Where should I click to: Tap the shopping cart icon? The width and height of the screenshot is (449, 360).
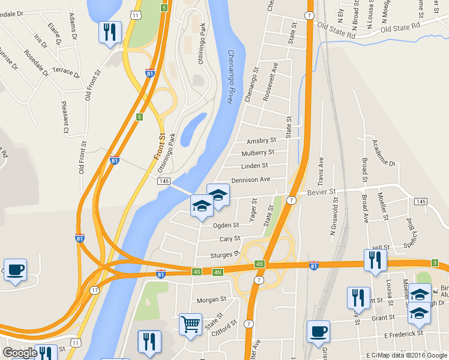[x=190, y=324]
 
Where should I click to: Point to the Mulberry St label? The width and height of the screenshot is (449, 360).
[x=258, y=153]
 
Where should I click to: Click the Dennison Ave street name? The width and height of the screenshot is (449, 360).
[x=252, y=179]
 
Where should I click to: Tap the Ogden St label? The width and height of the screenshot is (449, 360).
[x=226, y=226]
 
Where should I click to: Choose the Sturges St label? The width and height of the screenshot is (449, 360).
[x=225, y=255]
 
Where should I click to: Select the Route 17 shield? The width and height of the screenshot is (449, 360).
[x=94, y=290]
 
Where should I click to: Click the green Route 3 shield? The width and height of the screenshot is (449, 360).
[x=434, y=263]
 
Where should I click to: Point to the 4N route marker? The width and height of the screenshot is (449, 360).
[x=218, y=272]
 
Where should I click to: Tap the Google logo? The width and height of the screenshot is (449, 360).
[x=19, y=353]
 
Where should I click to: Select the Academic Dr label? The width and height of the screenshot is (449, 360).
[x=384, y=153]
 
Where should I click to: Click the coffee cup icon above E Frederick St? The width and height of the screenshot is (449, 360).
[x=318, y=332]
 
